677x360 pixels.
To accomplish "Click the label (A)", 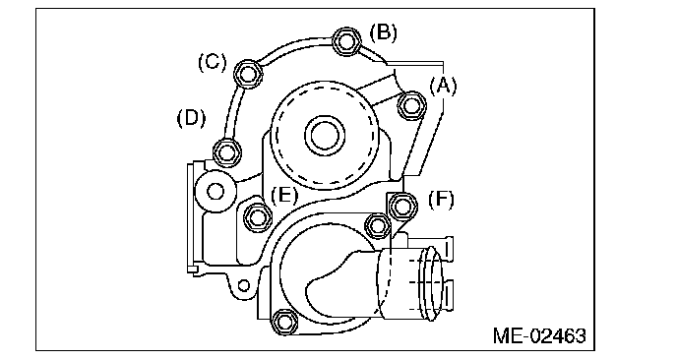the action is point(443,86).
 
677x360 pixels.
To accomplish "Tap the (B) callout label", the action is point(384,32).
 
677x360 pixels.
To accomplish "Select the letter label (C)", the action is point(212,62).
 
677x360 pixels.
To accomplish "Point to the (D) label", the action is point(191,118).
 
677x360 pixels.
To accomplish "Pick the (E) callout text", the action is point(284,196).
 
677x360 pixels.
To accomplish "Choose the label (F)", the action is point(441,200).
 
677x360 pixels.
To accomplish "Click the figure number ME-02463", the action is point(539,335).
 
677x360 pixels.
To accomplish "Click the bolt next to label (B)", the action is point(345,41).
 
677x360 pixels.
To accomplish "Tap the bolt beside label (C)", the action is point(247,74).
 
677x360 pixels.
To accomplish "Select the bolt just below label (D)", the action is point(227,152).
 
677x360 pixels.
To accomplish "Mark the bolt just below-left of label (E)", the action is point(258,216).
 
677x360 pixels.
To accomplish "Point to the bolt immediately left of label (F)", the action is point(402,207).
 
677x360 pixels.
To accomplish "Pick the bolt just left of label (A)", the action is point(411,105).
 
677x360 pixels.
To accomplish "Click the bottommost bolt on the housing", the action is point(284,322).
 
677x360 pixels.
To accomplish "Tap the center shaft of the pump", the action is point(325,135).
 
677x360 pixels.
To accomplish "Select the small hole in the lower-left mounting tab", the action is point(244,286).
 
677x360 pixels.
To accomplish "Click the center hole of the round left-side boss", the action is point(215,191).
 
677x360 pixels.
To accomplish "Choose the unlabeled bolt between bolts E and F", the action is point(377,225).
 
